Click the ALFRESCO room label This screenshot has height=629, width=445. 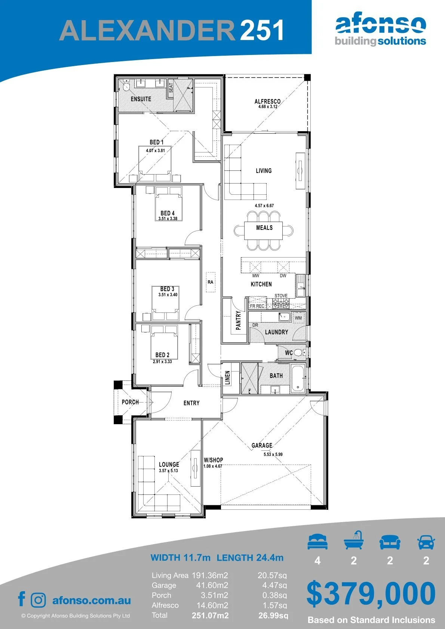[267, 101]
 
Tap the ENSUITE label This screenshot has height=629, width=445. [141, 99]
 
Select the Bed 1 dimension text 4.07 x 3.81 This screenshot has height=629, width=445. [155, 151]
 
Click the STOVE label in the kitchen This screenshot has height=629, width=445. [281, 296]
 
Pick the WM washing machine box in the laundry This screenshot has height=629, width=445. [298, 318]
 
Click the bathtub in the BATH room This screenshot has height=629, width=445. [298, 378]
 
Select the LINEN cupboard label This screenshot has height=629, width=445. [228, 377]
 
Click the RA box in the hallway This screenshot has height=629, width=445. [211, 282]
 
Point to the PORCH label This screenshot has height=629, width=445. [130, 402]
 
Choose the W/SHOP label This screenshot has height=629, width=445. [214, 460]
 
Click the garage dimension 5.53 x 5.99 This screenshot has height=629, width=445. [273, 454]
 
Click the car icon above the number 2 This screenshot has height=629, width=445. [426, 542]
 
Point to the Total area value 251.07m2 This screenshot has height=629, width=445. [210, 616]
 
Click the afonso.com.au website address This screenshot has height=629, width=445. [92, 601]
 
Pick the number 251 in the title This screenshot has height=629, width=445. [261, 30]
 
